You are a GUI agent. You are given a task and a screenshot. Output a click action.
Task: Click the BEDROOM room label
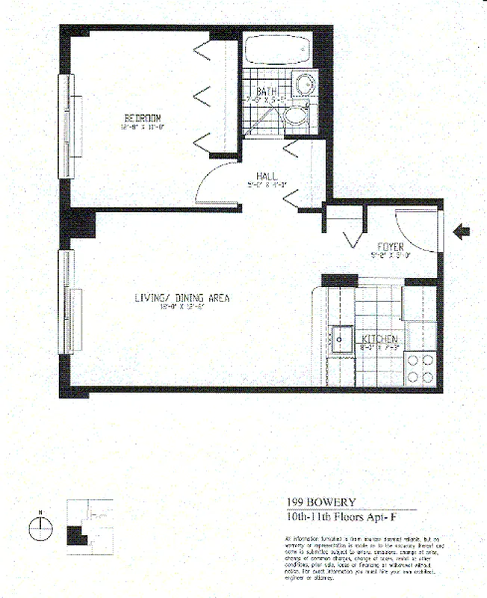(142, 118)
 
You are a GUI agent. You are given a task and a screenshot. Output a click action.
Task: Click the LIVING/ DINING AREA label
(182, 298)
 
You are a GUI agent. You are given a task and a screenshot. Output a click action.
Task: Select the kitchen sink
(343, 340)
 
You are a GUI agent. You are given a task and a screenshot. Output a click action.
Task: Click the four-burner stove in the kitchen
(421, 368)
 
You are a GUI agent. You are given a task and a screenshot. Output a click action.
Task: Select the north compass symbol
(40, 528)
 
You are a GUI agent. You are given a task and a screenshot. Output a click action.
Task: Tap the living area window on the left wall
(67, 300)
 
